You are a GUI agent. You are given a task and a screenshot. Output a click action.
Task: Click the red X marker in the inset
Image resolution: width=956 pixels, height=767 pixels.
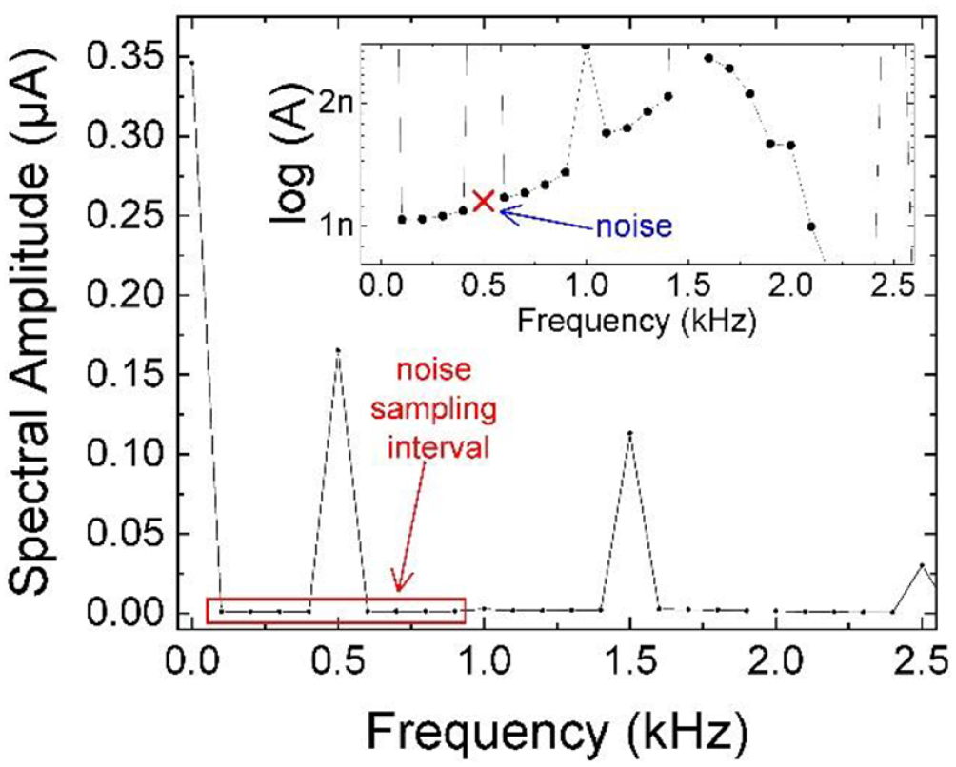[484, 200]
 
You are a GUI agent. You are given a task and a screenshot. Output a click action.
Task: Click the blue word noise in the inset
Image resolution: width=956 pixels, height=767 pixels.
[634, 226]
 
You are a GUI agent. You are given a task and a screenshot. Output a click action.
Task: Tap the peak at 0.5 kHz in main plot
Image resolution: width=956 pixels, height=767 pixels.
[338, 350]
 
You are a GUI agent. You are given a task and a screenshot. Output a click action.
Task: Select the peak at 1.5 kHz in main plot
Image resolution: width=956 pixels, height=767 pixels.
[629, 433]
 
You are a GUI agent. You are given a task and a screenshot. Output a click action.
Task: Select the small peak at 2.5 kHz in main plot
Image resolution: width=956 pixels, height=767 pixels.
[922, 565]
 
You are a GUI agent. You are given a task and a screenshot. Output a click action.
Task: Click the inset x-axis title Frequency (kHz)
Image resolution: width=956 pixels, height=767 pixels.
[636, 322]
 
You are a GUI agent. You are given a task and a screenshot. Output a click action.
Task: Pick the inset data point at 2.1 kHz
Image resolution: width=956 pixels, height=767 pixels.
[810, 226]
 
